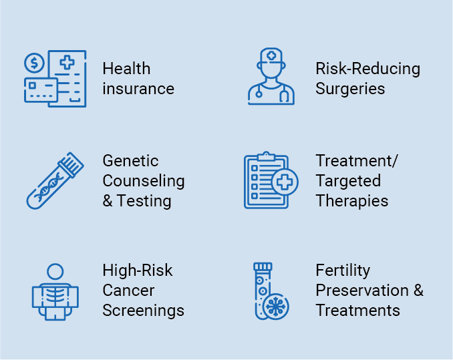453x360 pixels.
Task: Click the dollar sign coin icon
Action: [34, 63]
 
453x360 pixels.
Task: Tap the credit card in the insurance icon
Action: [41, 90]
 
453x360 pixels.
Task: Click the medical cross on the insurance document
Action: [67, 62]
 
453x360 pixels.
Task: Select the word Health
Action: [126, 69]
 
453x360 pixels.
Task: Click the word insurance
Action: [138, 89]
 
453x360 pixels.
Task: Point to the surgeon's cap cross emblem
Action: [271, 55]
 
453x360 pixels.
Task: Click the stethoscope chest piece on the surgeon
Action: [259, 94]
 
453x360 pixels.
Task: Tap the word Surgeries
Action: [350, 89]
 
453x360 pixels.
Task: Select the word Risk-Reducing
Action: [367, 69]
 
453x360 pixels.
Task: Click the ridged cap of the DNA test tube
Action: [71, 164]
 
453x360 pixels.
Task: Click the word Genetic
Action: [130, 161]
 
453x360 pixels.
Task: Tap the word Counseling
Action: [144, 182]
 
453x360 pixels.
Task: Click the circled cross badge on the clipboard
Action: [285, 182]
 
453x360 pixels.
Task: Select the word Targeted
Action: [348, 182]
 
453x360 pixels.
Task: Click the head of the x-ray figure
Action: [55, 272]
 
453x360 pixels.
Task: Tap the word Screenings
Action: [143, 311]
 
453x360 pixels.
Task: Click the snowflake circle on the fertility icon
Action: [276, 307]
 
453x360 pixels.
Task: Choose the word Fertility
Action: [343, 271]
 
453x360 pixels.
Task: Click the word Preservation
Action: [362, 291]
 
